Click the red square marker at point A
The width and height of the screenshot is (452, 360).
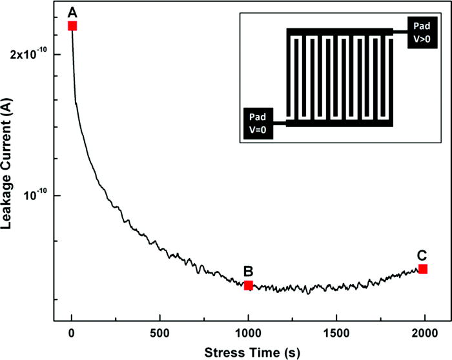pos(72,26)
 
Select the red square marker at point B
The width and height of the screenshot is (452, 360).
pos(248,285)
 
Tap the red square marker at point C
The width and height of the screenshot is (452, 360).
pos(423,268)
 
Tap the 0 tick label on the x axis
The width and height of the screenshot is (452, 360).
pos(72,333)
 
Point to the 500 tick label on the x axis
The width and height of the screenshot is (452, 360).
pos(160,333)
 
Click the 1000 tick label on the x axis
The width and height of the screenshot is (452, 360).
pos(248,333)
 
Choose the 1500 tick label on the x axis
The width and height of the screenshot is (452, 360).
pos(336,333)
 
